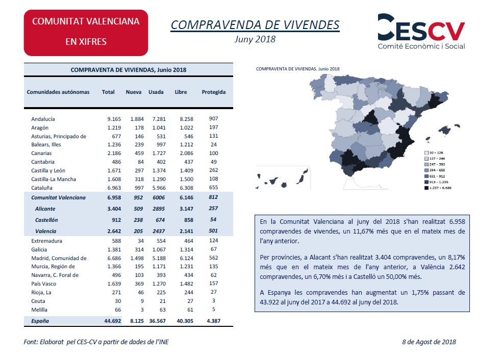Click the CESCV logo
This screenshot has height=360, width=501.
click(421, 32)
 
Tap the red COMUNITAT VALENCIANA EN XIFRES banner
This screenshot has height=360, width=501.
click(86, 33)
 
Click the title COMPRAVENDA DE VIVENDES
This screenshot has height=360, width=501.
click(255, 25)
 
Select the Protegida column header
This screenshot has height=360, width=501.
click(213, 92)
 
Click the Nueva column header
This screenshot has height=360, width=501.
click(134, 92)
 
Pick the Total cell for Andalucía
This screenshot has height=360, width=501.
click(114, 119)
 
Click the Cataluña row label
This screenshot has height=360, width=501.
click(42, 188)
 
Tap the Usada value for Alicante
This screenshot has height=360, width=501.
click(159, 209)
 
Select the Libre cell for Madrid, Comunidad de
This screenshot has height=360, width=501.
click(186, 258)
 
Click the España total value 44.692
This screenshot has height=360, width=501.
click(113, 321)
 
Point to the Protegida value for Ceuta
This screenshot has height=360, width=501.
click(213, 300)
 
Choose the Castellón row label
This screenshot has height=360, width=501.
click(46, 220)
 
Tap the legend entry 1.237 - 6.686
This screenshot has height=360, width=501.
click(438, 188)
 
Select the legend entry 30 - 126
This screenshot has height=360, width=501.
click(434, 152)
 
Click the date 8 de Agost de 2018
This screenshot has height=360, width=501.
click(429, 342)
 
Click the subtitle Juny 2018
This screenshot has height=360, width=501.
click(255, 39)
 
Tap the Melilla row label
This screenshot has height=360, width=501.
click(39, 310)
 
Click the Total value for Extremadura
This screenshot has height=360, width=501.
click(116, 241)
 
